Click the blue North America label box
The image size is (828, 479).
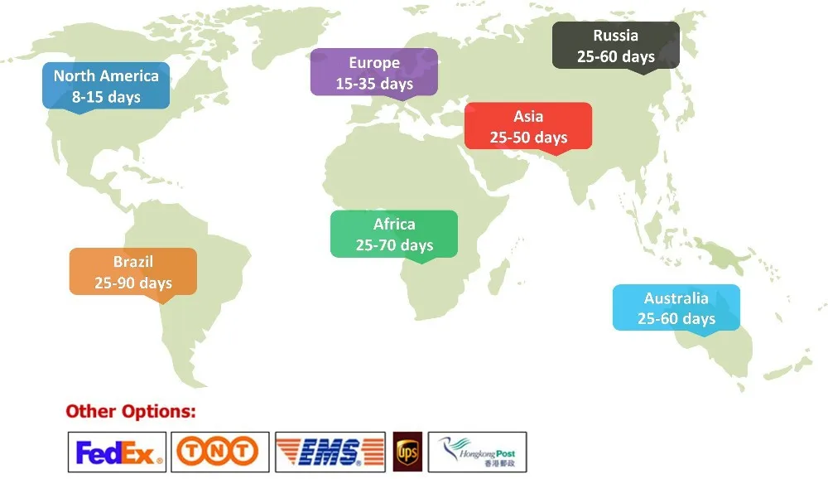pos(106,86)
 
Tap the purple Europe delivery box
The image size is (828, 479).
pos(373,72)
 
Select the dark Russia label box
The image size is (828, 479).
pos(616,45)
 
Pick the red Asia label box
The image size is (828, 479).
pos(528,126)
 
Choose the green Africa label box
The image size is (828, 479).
pos(394,234)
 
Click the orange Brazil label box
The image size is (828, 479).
pos(133,272)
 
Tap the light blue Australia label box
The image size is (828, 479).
pos(676,307)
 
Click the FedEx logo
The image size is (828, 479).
pos(117,452)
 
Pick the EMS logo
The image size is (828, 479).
pos(330,452)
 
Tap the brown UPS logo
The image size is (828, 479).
pos(407,452)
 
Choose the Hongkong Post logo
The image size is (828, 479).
pos(477,452)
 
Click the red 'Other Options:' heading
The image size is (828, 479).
pos(131,411)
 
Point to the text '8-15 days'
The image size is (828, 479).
pos(106,97)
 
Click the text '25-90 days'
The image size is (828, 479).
pos(133,283)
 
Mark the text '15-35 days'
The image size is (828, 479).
pos(374,83)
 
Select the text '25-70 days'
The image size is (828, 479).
pos(394,244)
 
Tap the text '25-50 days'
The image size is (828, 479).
pos(528,137)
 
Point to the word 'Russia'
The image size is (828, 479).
pos(616,35)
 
